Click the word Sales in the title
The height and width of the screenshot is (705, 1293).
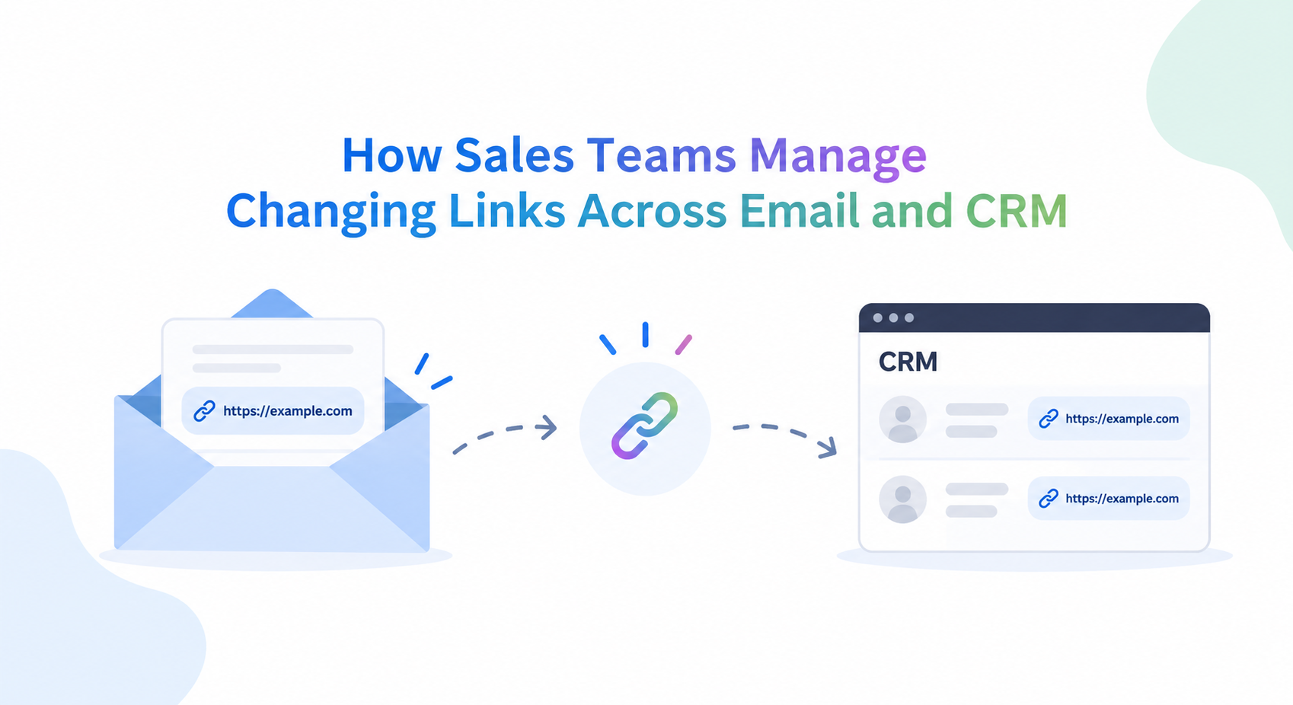514,155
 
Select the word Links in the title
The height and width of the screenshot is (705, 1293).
506,211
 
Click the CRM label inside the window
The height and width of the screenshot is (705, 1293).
908,362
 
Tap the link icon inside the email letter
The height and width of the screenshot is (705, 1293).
204,411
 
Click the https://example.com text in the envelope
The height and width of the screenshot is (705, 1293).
288,411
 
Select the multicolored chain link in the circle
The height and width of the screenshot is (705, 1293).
644,426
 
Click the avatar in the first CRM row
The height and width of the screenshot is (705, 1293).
903,419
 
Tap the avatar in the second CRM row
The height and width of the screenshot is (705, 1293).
903,499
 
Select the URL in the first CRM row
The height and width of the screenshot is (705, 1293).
1122,419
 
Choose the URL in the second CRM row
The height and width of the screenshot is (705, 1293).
1122,499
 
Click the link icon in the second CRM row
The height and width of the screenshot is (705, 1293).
1049,499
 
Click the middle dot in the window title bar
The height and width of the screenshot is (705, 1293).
893,318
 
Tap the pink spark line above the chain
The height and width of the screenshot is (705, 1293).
684,344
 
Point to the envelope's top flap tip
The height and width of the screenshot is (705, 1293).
272,290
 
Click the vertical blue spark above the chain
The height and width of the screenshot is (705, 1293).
645,335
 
